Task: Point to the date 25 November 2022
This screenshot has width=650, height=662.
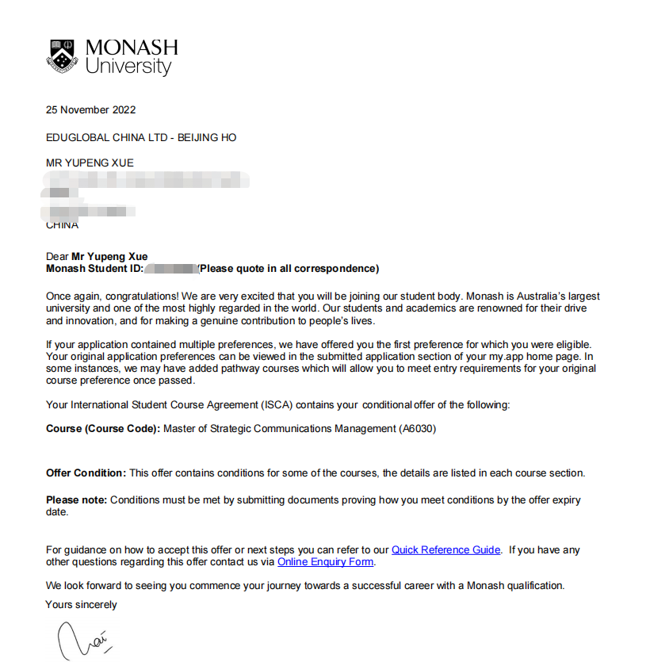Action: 91,110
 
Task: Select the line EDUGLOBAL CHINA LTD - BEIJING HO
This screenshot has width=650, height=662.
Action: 141,137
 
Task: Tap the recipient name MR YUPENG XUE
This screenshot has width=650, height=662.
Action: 90,163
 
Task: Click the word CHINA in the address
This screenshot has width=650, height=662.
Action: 62,225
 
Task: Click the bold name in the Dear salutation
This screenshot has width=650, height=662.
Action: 109,257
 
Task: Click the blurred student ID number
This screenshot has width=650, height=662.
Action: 170,269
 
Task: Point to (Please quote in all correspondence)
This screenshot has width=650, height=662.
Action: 289,269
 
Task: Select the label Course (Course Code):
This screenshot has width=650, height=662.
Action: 103,429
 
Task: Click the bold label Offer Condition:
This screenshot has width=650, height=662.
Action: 86,473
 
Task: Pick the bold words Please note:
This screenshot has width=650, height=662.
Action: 76,500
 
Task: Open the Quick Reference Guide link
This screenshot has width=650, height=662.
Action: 445,549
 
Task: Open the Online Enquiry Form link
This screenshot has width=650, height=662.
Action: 325,562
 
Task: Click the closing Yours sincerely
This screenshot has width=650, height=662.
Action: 81,605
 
